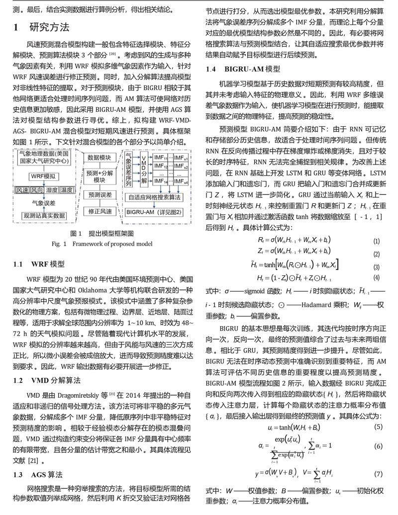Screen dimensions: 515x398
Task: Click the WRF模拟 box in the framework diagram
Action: coord(43,176)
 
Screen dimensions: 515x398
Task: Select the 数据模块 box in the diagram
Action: coord(99,157)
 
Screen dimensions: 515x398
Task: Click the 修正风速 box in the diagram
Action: coord(99,212)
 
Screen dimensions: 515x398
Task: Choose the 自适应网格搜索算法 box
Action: coord(155,197)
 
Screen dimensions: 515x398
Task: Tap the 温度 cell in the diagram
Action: coord(66,190)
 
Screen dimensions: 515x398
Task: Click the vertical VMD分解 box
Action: coord(144,169)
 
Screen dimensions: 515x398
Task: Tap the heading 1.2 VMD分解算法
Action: coord(47,380)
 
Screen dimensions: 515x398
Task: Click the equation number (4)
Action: coord(376,277)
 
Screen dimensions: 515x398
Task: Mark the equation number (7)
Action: coord(378,474)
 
